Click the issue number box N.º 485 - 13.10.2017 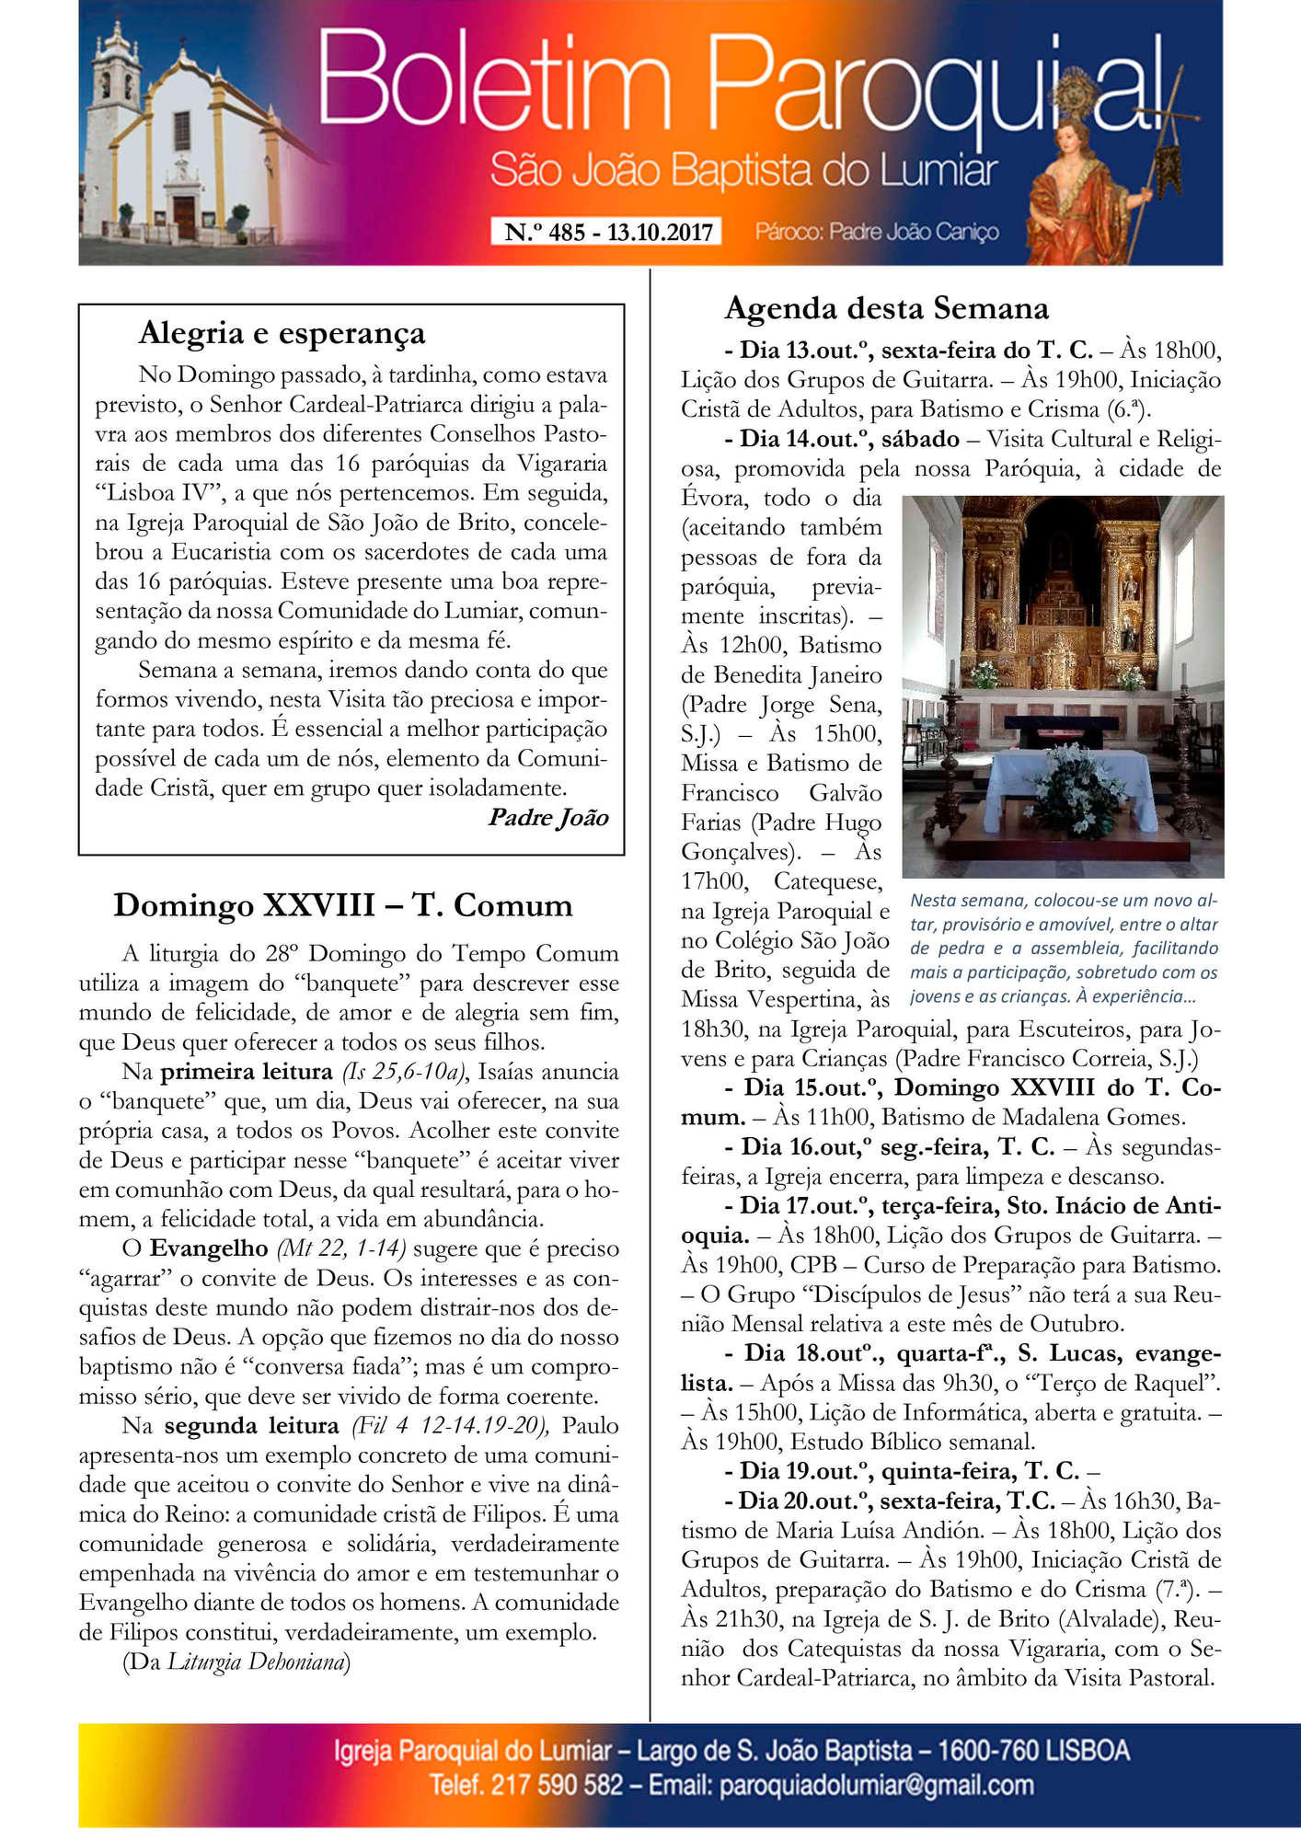(x=608, y=232)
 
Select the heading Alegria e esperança (x=282, y=333)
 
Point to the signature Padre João (x=548, y=817)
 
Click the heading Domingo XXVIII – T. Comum (x=342, y=905)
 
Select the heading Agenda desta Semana (x=886, y=308)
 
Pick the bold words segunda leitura (x=251, y=1425)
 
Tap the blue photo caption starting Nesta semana (x=1063, y=948)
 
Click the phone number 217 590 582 (x=557, y=1786)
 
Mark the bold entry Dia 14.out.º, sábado (x=849, y=439)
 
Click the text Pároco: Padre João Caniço (x=877, y=232)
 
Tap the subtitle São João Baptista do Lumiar (x=743, y=171)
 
